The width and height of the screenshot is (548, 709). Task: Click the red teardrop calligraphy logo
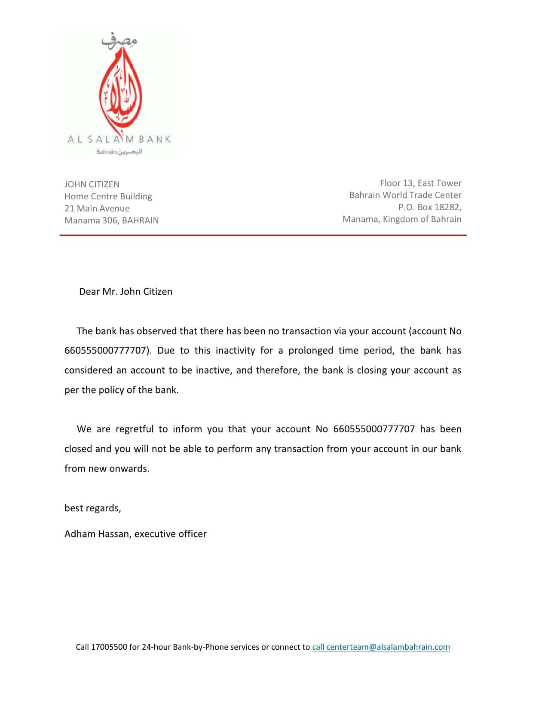(x=121, y=92)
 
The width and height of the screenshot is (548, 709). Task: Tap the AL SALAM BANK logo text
(x=119, y=139)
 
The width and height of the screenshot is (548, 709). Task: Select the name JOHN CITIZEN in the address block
(x=92, y=184)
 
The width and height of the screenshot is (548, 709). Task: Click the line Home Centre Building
(x=108, y=196)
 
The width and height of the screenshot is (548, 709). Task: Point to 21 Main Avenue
(x=97, y=208)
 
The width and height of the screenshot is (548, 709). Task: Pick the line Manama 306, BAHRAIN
(x=112, y=220)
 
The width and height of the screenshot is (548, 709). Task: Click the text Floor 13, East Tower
(x=420, y=183)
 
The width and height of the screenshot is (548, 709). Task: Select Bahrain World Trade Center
(x=405, y=195)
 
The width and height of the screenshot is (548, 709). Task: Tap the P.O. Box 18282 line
(x=430, y=207)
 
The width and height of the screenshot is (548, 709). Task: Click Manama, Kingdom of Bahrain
(x=402, y=219)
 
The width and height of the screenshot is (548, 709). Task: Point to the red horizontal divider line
(x=263, y=235)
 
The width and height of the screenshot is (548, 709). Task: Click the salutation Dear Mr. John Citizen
(x=126, y=291)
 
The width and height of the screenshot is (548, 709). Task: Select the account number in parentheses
(x=106, y=351)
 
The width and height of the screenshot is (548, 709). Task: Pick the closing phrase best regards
(x=93, y=508)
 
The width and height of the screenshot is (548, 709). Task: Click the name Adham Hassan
(x=97, y=534)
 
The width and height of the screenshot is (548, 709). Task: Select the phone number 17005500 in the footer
(x=109, y=647)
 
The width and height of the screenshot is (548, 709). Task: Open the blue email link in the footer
(x=381, y=647)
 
